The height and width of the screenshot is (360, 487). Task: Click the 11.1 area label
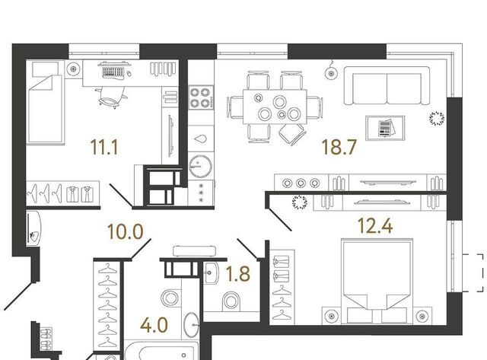point(104,147)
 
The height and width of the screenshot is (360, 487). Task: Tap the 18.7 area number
point(339,147)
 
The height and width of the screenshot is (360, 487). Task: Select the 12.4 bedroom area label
point(375,225)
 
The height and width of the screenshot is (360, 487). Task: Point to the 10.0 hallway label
point(125,231)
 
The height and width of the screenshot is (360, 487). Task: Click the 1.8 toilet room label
point(238,274)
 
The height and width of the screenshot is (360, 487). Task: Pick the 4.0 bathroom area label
point(154,325)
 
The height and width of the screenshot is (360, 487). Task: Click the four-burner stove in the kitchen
point(201,97)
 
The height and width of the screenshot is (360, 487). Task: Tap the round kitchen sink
point(201,166)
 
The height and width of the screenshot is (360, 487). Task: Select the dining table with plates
point(275,107)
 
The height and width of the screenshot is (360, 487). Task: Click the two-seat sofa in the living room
point(387,86)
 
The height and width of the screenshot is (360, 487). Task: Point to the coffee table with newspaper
point(385,128)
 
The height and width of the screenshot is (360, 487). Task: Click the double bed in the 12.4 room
point(377,281)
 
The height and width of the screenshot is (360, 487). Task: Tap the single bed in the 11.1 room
point(46,102)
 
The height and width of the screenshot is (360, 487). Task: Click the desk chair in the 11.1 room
point(111,97)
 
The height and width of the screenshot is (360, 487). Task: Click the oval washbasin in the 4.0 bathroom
point(191,325)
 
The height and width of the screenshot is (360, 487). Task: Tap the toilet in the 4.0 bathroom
point(170,298)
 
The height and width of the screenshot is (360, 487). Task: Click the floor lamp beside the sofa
point(331,73)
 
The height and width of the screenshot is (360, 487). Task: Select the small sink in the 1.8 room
point(212,272)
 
